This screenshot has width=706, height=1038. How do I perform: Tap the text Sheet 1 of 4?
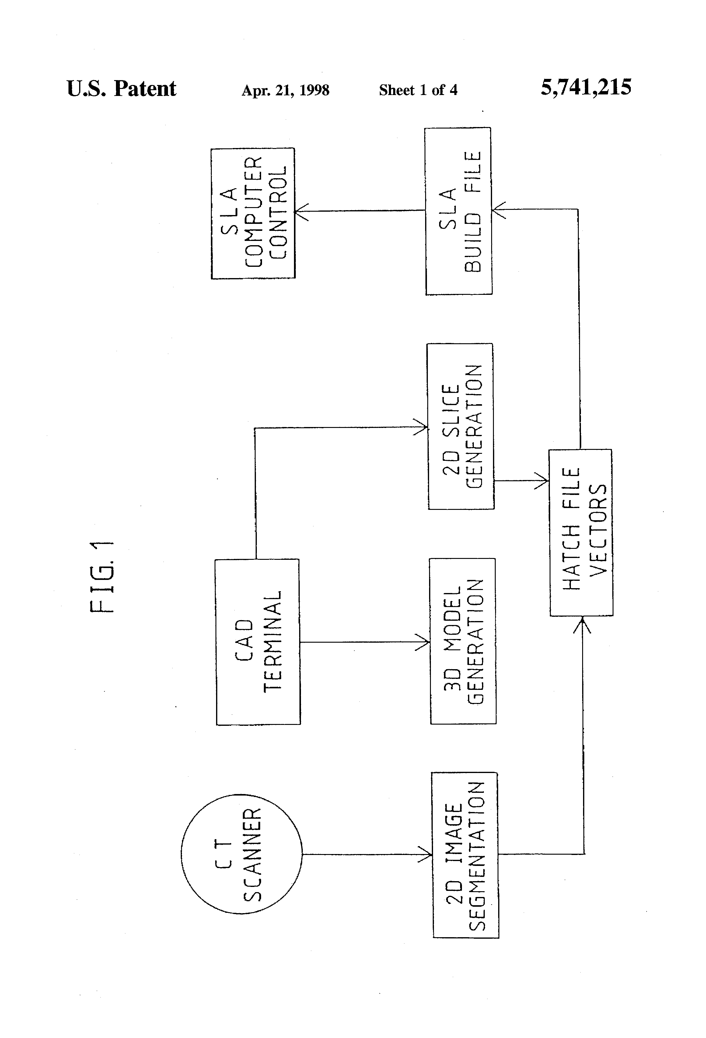[x=418, y=90]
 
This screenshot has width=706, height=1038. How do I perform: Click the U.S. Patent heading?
[x=121, y=88]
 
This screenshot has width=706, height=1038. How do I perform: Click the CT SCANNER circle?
[x=241, y=854]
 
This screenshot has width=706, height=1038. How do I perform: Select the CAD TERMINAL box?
[x=258, y=641]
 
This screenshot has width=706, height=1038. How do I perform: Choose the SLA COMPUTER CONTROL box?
[x=253, y=214]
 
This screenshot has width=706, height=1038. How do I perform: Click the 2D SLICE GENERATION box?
[x=460, y=426]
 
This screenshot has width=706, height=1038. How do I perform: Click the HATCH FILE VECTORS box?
[x=581, y=533]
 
